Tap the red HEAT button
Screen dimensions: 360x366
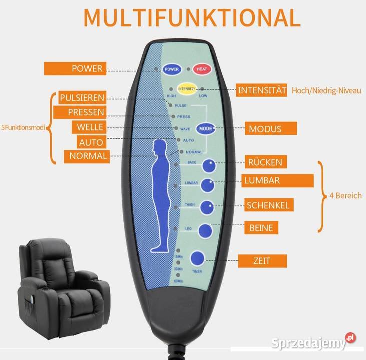202,69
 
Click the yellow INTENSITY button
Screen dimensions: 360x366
186,89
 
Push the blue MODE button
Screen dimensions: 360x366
205,128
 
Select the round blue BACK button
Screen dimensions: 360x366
209,165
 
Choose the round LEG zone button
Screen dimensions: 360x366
205,230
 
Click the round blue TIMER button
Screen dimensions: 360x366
198,258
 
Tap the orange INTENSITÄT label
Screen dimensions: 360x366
261,90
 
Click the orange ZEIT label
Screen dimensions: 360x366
262,260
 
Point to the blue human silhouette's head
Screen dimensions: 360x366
160,147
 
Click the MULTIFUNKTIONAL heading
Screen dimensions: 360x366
192,17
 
